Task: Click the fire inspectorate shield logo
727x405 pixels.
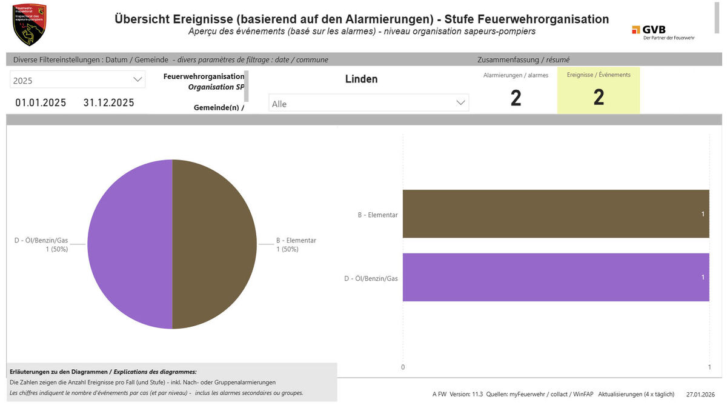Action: click(29, 25)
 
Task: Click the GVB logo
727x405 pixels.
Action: click(663, 32)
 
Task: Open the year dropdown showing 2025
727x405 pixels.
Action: click(78, 80)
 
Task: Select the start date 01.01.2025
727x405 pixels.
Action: click(41, 102)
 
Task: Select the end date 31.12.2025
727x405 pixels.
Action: click(109, 102)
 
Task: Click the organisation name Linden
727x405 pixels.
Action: click(361, 79)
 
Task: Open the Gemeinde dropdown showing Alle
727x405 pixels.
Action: click(368, 104)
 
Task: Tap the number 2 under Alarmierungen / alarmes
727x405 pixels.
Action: click(516, 98)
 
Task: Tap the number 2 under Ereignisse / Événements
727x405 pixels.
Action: click(599, 98)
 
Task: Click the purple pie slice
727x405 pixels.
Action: click(130, 244)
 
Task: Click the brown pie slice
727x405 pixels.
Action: click(215, 244)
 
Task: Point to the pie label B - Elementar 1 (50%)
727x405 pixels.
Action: click(296, 244)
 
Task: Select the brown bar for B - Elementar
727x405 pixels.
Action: click(556, 214)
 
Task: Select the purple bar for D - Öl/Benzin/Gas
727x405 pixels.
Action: click(556, 277)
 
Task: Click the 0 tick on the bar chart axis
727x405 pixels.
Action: click(403, 367)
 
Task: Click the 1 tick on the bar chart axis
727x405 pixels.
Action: click(709, 367)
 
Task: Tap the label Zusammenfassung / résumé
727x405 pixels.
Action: click(523, 59)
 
